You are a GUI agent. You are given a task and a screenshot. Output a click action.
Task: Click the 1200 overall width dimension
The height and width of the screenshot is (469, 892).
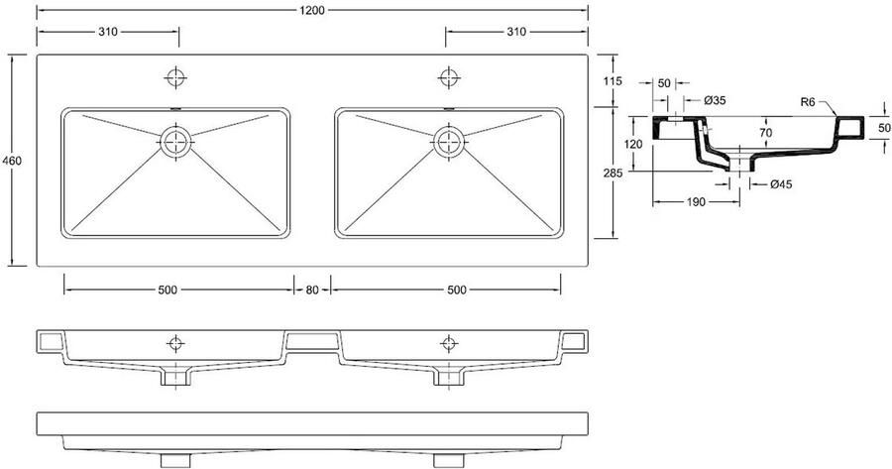tap(312, 9)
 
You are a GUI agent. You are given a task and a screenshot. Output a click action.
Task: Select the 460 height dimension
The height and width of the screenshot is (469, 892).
tap(13, 161)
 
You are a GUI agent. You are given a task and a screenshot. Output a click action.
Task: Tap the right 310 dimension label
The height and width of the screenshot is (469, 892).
tap(516, 33)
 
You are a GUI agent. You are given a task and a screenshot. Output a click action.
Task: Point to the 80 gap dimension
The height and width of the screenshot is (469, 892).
tap(312, 291)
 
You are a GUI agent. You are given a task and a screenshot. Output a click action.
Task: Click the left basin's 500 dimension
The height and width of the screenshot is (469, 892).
tap(167, 291)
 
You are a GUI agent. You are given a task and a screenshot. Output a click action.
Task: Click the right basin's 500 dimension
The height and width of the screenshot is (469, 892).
tap(456, 291)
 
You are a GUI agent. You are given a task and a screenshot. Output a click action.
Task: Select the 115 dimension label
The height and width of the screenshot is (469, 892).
tap(611, 81)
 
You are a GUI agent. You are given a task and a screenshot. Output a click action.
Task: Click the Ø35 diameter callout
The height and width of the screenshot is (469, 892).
tap(716, 100)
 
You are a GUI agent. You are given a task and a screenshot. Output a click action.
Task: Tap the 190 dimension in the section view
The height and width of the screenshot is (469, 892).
tap(695, 202)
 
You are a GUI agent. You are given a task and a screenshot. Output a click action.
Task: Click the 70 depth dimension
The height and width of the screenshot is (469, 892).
tap(764, 131)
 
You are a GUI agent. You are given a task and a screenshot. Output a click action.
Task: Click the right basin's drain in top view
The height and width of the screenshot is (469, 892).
tap(450, 140)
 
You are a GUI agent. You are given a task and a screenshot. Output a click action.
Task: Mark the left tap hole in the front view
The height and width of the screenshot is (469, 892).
tap(176, 342)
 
